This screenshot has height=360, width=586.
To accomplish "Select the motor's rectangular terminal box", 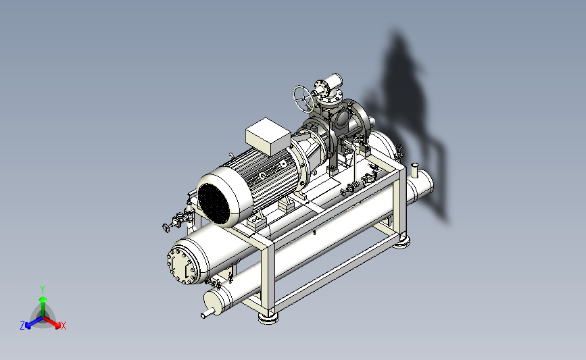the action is pyautogui.click(x=268, y=136).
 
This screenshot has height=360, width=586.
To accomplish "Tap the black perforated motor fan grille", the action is pyautogui.click(x=214, y=204).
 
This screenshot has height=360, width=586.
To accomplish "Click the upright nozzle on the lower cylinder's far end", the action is pyautogui.click(x=414, y=170).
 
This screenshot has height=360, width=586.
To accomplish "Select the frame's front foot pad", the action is pyautogui.click(x=268, y=318).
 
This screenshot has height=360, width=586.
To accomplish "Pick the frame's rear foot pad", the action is pyautogui.click(x=401, y=243).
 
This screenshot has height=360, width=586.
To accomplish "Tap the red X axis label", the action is pyautogui.click(x=63, y=326).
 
